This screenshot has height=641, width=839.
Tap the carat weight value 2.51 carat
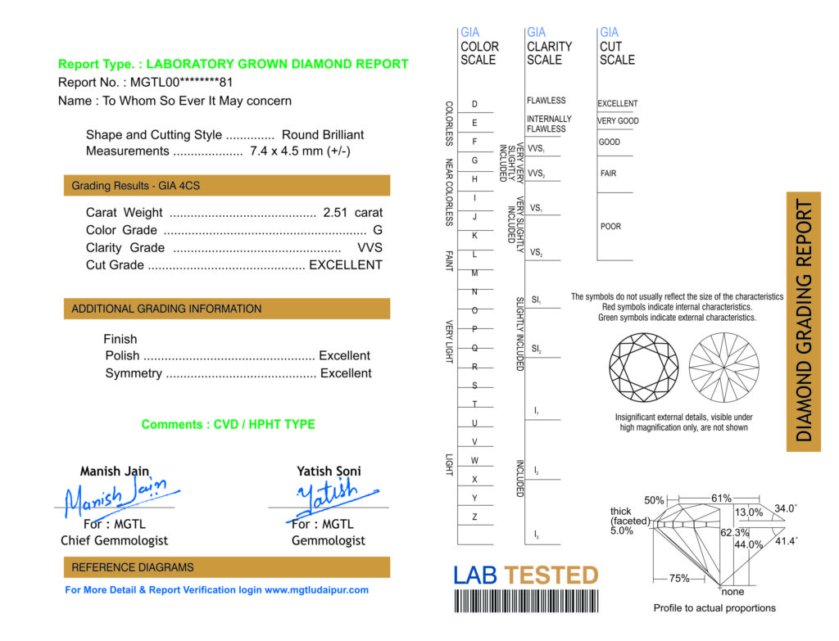pos(352,213)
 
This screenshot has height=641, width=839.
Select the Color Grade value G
pos(378,231)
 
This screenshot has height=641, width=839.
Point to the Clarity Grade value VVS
pos(370,248)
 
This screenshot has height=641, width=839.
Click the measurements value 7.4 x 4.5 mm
pos(300,151)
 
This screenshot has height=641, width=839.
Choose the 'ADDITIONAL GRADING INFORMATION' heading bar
pos(226,309)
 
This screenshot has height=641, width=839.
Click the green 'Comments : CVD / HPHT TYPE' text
pos(228,425)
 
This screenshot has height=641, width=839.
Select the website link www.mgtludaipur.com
pos(316,590)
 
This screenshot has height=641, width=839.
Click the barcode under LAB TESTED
pos(525,602)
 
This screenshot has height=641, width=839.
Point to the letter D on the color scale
pos(474,105)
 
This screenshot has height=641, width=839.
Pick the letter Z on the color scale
pos(474,517)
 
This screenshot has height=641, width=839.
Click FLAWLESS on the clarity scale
pos(546,101)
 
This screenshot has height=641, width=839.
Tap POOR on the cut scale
pos(610,227)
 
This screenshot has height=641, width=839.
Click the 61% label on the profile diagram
pos(721,499)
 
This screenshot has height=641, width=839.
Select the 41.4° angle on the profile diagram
pos(786,541)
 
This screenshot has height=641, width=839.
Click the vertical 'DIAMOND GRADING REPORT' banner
pos(804,321)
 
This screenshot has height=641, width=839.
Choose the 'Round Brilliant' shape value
pos(323,135)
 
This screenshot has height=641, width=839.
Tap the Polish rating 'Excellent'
pos(344,356)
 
